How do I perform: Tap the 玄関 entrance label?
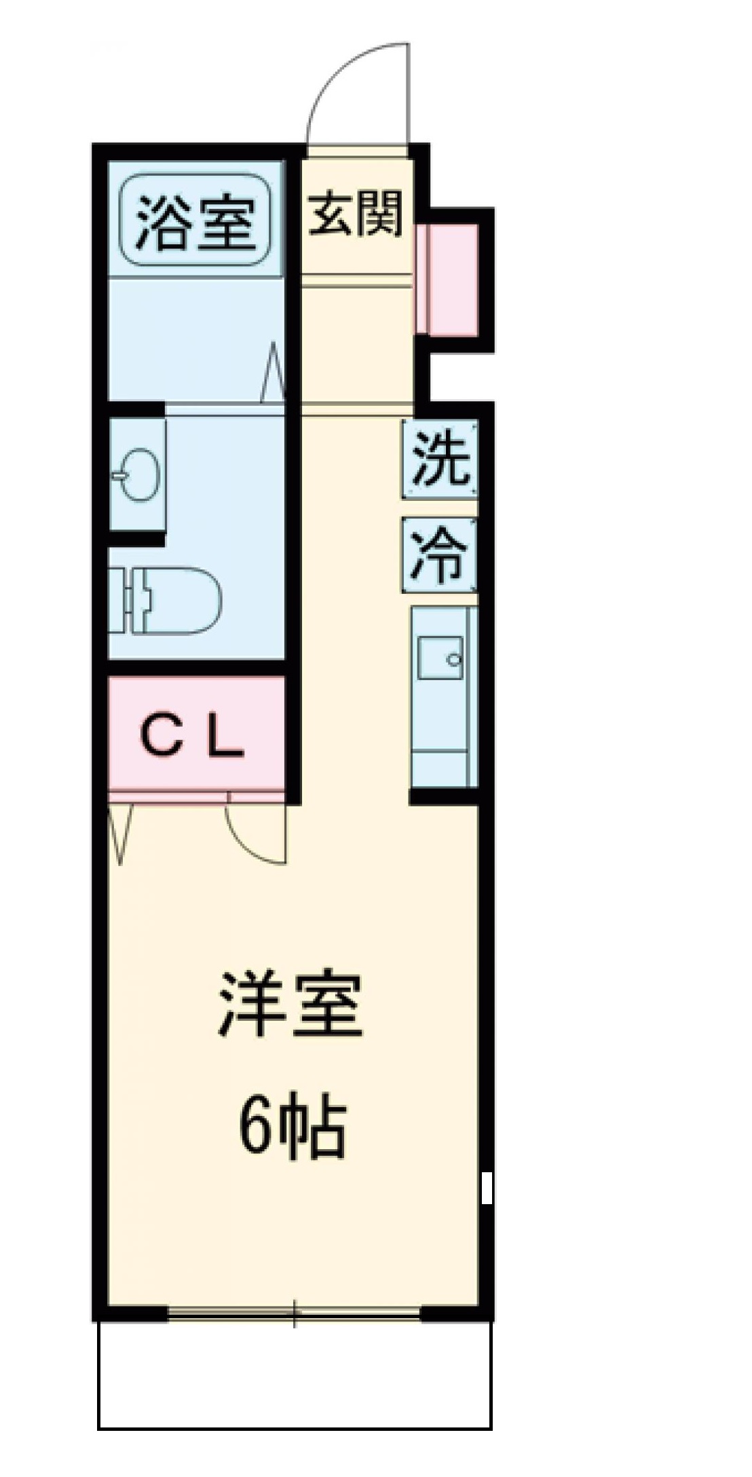(356, 213)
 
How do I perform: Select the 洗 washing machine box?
(440, 460)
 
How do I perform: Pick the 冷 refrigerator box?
(440, 555)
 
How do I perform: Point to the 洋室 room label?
(290, 1005)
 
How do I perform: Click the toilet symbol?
(170, 600)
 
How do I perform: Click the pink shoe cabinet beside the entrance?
(448, 280)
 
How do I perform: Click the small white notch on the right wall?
(486, 1187)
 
